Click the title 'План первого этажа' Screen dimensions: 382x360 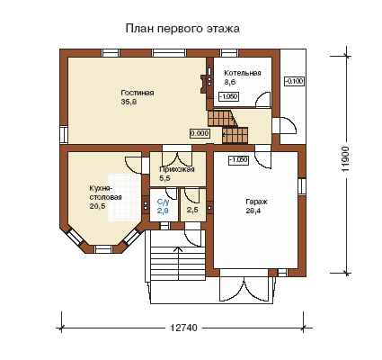(x=182, y=29)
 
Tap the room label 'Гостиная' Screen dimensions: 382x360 (x=138, y=93)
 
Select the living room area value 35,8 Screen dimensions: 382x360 (x=129, y=102)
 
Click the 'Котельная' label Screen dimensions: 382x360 (x=243, y=73)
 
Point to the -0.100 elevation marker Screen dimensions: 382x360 (x=294, y=81)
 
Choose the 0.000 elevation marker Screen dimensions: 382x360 (x=200, y=133)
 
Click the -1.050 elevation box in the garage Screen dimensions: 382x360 (x=238, y=160)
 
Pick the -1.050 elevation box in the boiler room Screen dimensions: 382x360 (x=228, y=96)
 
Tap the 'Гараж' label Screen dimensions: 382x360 (x=257, y=202)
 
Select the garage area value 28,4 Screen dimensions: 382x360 (x=253, y=211)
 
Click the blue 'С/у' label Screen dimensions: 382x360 (x=164, y=202)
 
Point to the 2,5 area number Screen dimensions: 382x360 (x=192, y=210)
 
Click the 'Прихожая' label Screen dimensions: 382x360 (x=177, y=169)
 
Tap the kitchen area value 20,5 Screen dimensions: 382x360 (x=97, y=206)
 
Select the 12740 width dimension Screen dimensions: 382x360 (x=184, y=328)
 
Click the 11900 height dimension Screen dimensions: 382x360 (x=346, y=159)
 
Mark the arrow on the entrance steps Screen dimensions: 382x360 (x=179, y=264)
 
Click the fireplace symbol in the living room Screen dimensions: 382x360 (x=204, y=85)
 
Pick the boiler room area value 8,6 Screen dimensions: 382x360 (x=230, y=82)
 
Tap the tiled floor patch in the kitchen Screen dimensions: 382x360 (x=125, y=197)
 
